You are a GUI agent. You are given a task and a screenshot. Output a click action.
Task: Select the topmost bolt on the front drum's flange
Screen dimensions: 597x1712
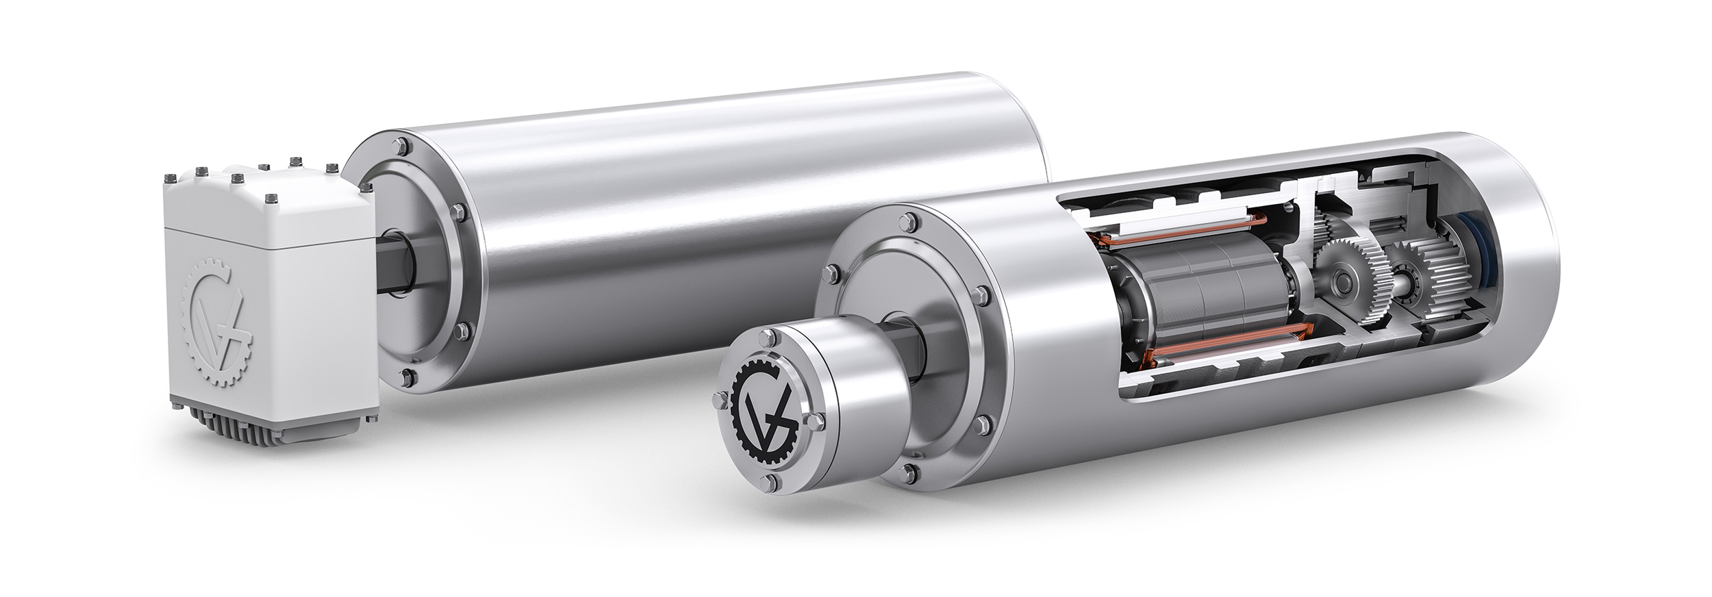pos(910,201)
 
